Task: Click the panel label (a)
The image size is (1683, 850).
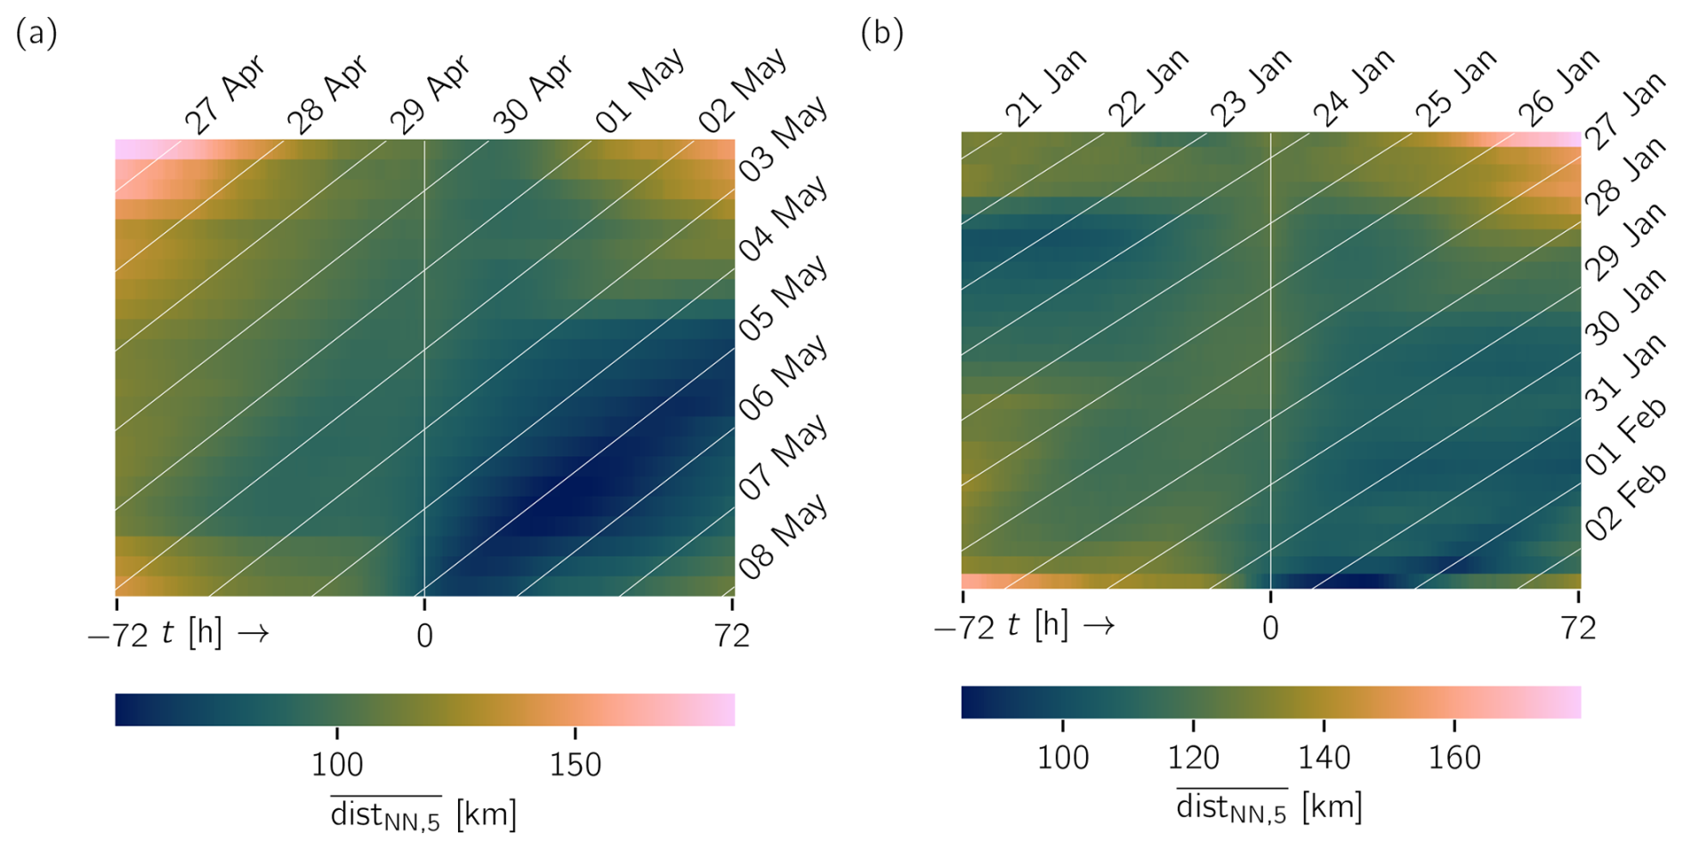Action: [x=36, y=34]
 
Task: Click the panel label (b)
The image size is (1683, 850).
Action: [x=882, y=34]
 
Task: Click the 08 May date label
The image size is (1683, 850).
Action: [x=784, y=537]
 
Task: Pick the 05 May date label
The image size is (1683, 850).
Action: [x=784, y=298]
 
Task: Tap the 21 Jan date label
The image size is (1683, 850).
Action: [x=1046, y=88]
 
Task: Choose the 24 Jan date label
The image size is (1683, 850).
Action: [x=1354, y=88]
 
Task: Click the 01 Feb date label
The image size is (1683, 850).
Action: [x=1626, y=437]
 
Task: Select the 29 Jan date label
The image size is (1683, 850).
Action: [x=1626, y=242]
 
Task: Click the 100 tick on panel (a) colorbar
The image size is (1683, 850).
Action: [x=337, y=764]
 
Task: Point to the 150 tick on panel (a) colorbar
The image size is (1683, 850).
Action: [x=575, y=764]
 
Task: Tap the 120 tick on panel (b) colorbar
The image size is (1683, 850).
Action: [x=1193, y=757]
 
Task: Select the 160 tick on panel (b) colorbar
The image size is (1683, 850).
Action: [x=1454, y=757]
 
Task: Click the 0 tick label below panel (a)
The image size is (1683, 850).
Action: [x=424, y=636]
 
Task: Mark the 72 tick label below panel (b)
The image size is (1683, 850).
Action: [x=1579, y=629]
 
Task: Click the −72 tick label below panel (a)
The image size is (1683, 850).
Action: [x=117, y=636]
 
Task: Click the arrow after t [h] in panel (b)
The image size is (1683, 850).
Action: [x=1099, y=626]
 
